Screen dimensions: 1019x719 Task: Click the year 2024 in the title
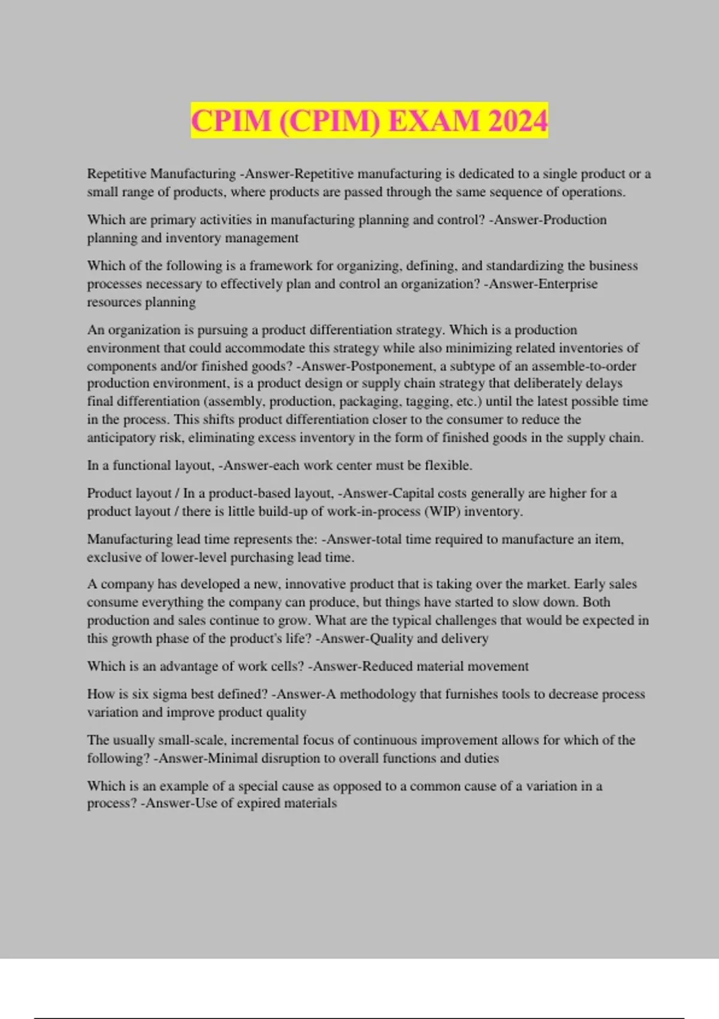(x=518, y=121)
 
